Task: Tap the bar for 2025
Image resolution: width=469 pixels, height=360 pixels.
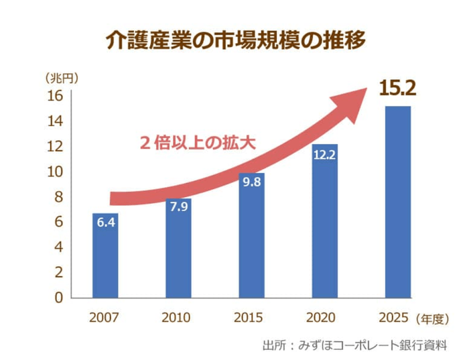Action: pos(397,201)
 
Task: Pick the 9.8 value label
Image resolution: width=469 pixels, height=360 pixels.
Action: pos(252,181)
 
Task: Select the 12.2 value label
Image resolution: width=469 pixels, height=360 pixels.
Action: pos(324,155)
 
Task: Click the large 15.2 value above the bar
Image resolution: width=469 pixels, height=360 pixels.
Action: pos(397,87)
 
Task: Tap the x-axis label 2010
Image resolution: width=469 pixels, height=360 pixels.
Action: pos(177,317)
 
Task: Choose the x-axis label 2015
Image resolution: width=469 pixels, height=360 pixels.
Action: pos(250,317)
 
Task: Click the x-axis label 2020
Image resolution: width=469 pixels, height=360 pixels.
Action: pos(322,317)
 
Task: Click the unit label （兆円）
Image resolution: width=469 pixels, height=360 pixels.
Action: pos(62,77)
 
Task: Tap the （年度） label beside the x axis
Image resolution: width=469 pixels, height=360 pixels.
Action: pos(436,318)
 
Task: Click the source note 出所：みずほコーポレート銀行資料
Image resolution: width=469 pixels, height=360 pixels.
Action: pos(354,345)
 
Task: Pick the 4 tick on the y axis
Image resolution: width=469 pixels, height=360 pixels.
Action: pos(58,247)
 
